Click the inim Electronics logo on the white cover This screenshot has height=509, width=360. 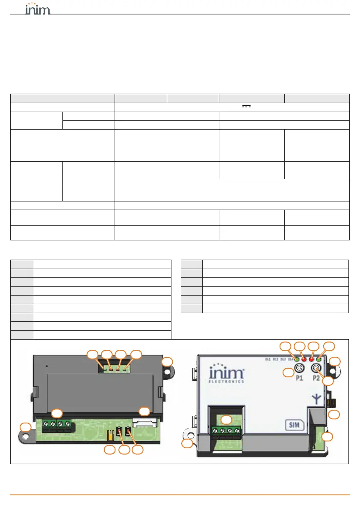227,373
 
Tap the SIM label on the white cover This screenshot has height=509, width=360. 295,425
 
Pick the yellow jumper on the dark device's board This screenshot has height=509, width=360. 110,435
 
